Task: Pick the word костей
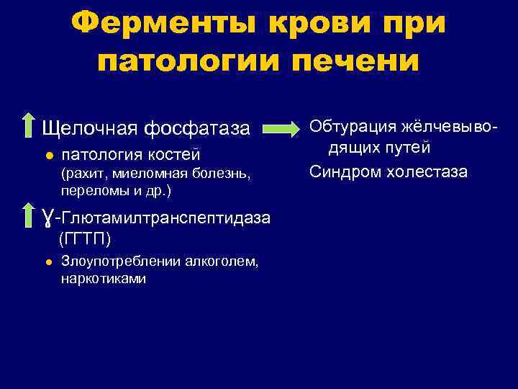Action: coord(174,155)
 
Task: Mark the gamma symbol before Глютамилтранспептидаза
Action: coord(47,217)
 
